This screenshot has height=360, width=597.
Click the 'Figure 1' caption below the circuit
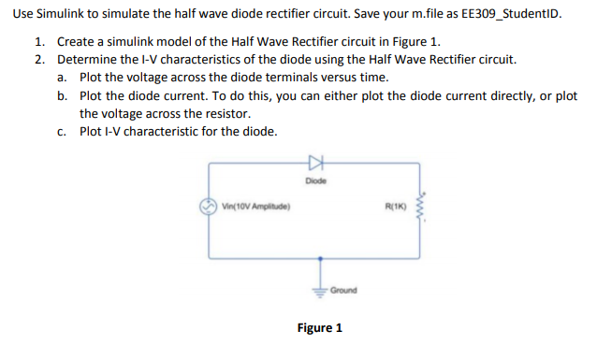(x=320, y=328)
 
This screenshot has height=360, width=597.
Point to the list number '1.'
(x=40, y=43)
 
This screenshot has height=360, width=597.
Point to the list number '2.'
(x=40, y=60)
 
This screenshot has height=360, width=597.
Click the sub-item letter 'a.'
(x=62, y=77)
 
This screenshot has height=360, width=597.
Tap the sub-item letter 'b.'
(x=62, y=96)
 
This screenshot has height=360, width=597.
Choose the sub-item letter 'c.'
(x=62, y=131)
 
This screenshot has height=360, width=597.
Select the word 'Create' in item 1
(x=77, y=43)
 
